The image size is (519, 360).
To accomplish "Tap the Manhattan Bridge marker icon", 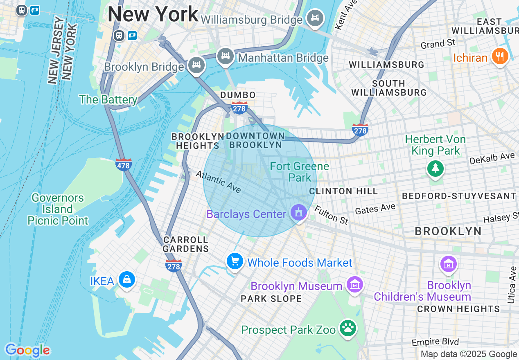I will tap(225, 56).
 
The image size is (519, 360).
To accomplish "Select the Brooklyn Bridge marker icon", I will tap(196, 65).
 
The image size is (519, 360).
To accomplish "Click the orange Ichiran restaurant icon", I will tap(500, 56).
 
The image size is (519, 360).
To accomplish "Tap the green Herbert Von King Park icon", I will tap(435, 168).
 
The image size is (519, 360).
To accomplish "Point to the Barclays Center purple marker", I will tap(299, 213).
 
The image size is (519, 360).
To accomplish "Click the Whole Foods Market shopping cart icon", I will tap(235, 261).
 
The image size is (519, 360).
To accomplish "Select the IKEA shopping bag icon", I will tap(126, 280).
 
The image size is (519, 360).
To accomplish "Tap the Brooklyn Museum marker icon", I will tap(354, 284).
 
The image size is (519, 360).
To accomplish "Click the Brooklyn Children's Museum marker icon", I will tap(449, 264).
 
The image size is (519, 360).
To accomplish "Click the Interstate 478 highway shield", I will tap(123, 164).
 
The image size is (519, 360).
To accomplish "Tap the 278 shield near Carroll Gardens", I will tap(174, 265).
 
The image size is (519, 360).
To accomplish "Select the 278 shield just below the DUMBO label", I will tap(239, 108).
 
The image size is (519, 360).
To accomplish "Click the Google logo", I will tap(27, 350).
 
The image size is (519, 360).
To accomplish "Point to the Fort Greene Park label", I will tap(300, 172).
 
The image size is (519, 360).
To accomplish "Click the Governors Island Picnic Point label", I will tap(58, 209).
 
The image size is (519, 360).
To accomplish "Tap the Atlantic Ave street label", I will tap(218, 181).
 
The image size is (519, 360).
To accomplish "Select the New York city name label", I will tap(153, 15).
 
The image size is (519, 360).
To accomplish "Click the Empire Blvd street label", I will tap(436, 342).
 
